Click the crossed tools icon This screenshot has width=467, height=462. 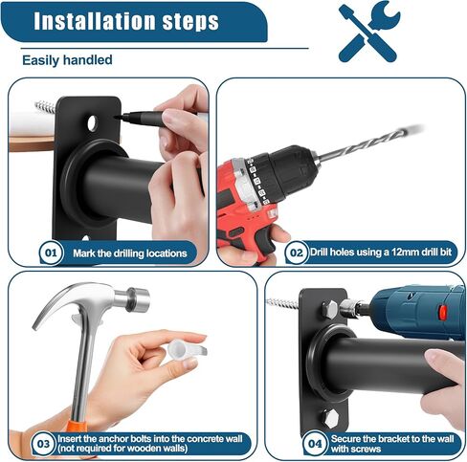coord(369,32)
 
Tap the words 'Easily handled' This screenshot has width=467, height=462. coord(67,60)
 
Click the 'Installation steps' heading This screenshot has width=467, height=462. coord(126,21)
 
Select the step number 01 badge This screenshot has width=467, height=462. coord(51,253)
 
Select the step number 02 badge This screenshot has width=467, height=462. coord(297,253)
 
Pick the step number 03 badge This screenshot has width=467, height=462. coord(43,444)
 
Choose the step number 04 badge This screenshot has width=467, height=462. coord(315,444)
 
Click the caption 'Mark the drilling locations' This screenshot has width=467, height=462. coord(130,253)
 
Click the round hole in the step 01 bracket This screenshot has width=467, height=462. coord(92,122)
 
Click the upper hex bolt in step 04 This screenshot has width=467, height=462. coord(329,309)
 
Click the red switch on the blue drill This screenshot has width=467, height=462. coord(442,313)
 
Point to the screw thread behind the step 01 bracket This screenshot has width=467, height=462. coord(46,106)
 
